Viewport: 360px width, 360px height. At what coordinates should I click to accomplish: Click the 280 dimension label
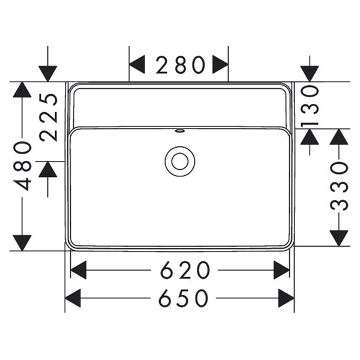(x=180, y=65)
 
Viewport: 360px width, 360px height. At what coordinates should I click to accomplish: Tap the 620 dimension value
(x=185, y=270)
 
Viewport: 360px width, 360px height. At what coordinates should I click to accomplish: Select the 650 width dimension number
(x=184, y=298)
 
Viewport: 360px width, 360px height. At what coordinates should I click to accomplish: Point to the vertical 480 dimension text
(x=22, y=166)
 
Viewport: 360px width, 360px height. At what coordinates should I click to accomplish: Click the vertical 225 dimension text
(x=48, y=117)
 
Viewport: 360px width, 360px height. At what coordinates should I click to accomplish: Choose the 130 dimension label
(x=310, y=107)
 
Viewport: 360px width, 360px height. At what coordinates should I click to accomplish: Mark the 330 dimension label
(x=339, y=186)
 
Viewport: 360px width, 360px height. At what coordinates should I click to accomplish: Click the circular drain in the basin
(x=180, y=161)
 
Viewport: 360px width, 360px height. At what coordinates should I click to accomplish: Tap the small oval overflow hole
(x=179, y=131)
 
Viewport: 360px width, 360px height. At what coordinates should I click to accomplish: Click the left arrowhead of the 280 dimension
(x=137, y=64)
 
